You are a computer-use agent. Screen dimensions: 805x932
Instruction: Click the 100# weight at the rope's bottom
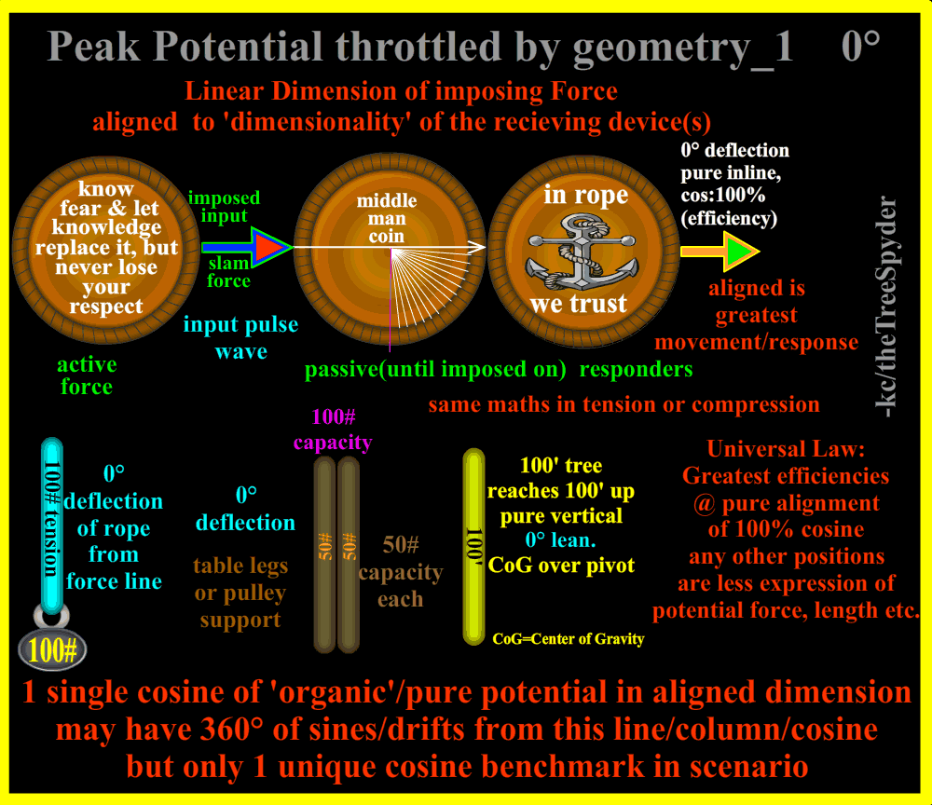coord(53,649)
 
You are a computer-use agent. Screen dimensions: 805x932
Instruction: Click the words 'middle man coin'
coord(387,219)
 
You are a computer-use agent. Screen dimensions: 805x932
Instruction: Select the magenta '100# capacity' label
coord(332,430)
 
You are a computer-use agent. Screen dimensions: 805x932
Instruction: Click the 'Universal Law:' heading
coord(786,448)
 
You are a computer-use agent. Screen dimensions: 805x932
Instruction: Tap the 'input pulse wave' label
coord(240,337)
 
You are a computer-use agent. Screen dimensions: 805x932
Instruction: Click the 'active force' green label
coord(87,375)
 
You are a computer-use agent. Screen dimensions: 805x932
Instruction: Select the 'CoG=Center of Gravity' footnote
coord(569,639)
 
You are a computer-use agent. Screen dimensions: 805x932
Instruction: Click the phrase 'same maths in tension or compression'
coord(624,404)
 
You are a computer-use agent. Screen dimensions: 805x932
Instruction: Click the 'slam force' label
coord(228,272)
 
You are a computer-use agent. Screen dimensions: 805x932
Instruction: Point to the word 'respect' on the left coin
coord(106,307)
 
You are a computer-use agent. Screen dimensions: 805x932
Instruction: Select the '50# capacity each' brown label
coord(401,571)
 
